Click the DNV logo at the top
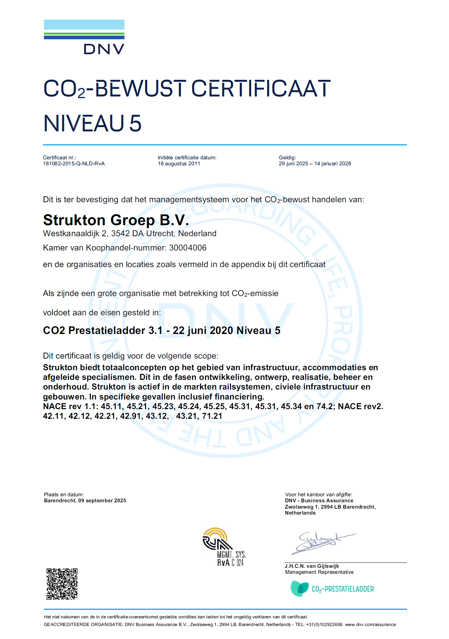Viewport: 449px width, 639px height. pyautogui.click(x=84, y=37)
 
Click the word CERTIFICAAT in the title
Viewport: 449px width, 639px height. pyautogui.click(x=261, y=89)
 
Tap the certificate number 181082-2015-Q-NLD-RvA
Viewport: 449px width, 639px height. pyautogui.click(x=74, y=164)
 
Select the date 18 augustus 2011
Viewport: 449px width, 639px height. pyautogui.click(x=179, y=164)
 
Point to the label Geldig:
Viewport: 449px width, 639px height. pyautogui.click(x=287, y=158)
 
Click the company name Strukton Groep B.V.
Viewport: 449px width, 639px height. pyautogui.click(x=116, y=220)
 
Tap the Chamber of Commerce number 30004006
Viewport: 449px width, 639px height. pyautogui.click(x=188, y=248)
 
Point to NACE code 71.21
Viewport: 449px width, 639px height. pyautogui.click(x=212, y=416)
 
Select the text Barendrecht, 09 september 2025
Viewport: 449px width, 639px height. pyautogui.click(x=85, y=501)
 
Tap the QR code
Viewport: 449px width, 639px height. pyautogui.click(x=62, y=584)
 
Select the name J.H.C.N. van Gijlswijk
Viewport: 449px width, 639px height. pyautogui.click(x=312, y=566)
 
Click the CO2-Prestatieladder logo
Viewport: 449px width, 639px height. pyautogui.click(x=332, y=589)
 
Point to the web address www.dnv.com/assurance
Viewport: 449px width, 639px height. pyautogui.click(x=370, y=625)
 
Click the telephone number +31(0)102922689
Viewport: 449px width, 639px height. pyautogui.click(x=324, y=625)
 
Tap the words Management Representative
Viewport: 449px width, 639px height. pyautogui.click(x=319, y=572)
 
